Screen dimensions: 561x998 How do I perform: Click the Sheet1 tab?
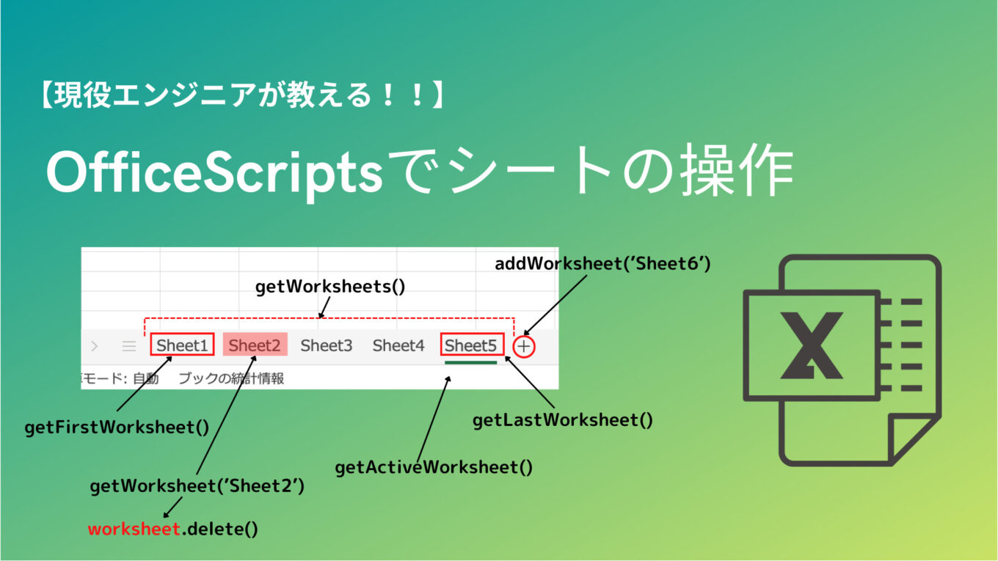(x=182, y=345)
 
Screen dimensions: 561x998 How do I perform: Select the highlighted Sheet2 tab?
(x=255, y=345)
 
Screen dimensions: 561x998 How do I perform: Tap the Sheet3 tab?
(x=326, y=345)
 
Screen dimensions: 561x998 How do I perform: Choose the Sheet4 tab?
(x=398, y=345)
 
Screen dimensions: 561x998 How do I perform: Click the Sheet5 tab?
(x=470, y=345)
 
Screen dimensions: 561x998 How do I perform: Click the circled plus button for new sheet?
(x=524, y=346)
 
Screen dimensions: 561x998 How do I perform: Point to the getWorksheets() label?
(x=330, y=287)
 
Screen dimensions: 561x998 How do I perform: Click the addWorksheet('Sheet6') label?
(x=602, y=263)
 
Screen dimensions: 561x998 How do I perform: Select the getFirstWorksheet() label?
(x=117, y=427)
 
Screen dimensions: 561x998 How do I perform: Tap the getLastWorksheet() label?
(x=562, y=420)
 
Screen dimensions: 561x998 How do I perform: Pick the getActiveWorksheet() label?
(x=434, y=467)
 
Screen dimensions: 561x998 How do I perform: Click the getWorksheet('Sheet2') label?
(x=197, y=485)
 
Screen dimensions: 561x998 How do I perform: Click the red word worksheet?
(x=134, y=528)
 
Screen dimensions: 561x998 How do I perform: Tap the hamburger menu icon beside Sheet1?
(x=129, y=346)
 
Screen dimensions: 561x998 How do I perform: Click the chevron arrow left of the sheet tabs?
(x=95, y=346)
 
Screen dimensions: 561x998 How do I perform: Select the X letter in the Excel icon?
(x=811, y=345)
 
